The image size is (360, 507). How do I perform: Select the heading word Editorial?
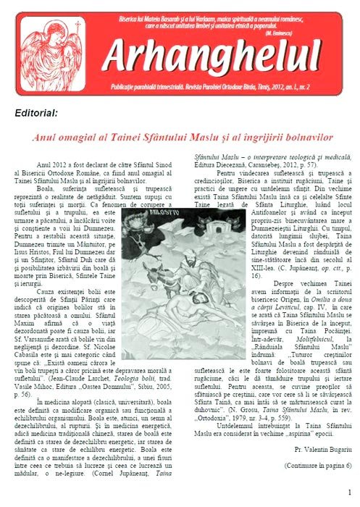pos(35,113)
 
